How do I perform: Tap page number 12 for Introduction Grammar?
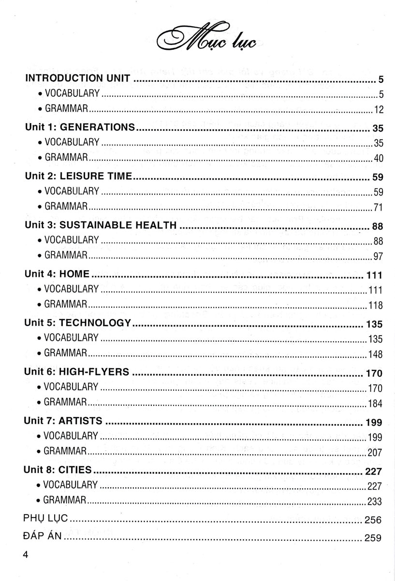(378, 110)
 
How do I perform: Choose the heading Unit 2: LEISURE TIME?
(78, 177)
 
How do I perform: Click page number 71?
(378, 208)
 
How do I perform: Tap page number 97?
(378, 257)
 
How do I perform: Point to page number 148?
(375, 354)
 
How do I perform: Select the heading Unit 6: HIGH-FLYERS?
(77, 372)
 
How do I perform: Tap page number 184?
(375, 403)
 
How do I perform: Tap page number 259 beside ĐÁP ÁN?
(374, 537)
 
